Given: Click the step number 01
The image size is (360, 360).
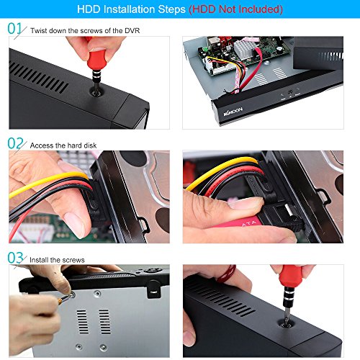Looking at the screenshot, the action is pos(15,28).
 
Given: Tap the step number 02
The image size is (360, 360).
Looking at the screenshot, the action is pos(15,143).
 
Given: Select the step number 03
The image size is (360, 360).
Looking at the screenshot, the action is pos(15,258).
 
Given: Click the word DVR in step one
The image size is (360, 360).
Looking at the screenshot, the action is pos(132,31).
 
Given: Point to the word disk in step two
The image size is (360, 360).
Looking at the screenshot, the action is pos(90,145).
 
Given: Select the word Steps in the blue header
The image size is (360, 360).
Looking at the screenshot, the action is pos(171,9).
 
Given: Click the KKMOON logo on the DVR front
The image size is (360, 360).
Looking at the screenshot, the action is pos(233,112).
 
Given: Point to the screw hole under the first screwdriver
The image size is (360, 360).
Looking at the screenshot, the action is pos(96,91).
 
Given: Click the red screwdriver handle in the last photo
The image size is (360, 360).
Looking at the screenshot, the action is pos(291,276).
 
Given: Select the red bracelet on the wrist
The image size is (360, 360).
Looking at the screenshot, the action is pos(227,274).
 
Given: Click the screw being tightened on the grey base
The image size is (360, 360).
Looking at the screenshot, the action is pos(71,295).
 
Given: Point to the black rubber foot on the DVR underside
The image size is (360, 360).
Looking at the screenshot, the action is pos(153,289).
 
